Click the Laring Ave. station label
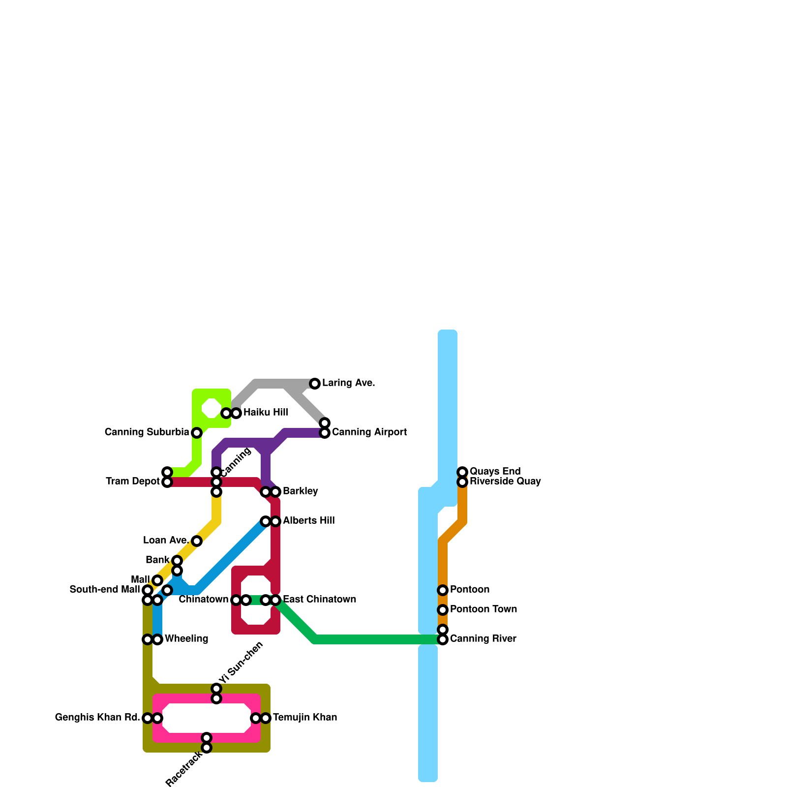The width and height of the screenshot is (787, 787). point(348,383)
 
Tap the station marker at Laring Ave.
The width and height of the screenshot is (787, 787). point(315,384)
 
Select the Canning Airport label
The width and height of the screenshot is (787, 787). point(369,432)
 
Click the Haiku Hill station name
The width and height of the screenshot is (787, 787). point(266,413)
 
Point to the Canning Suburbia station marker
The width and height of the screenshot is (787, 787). point(197,433)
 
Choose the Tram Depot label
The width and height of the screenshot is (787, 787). point(132,482)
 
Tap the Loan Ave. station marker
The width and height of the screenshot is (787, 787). point(197,541)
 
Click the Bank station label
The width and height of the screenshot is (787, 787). point(157,560)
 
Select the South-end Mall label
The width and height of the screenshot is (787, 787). point(104,590)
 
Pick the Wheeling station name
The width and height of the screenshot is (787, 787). point(186,639)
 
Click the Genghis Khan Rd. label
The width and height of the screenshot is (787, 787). point(97,718)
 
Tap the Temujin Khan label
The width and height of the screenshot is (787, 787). point(305,718)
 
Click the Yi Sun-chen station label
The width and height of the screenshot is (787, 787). point(241,663)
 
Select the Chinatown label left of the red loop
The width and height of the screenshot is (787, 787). point(203,600)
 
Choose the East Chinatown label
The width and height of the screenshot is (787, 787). point(319,600)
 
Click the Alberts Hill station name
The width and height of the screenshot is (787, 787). point(308,521)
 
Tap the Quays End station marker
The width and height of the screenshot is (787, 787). point(462,472)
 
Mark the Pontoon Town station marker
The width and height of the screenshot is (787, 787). point(443,610)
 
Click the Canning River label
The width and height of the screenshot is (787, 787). point(483,639)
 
